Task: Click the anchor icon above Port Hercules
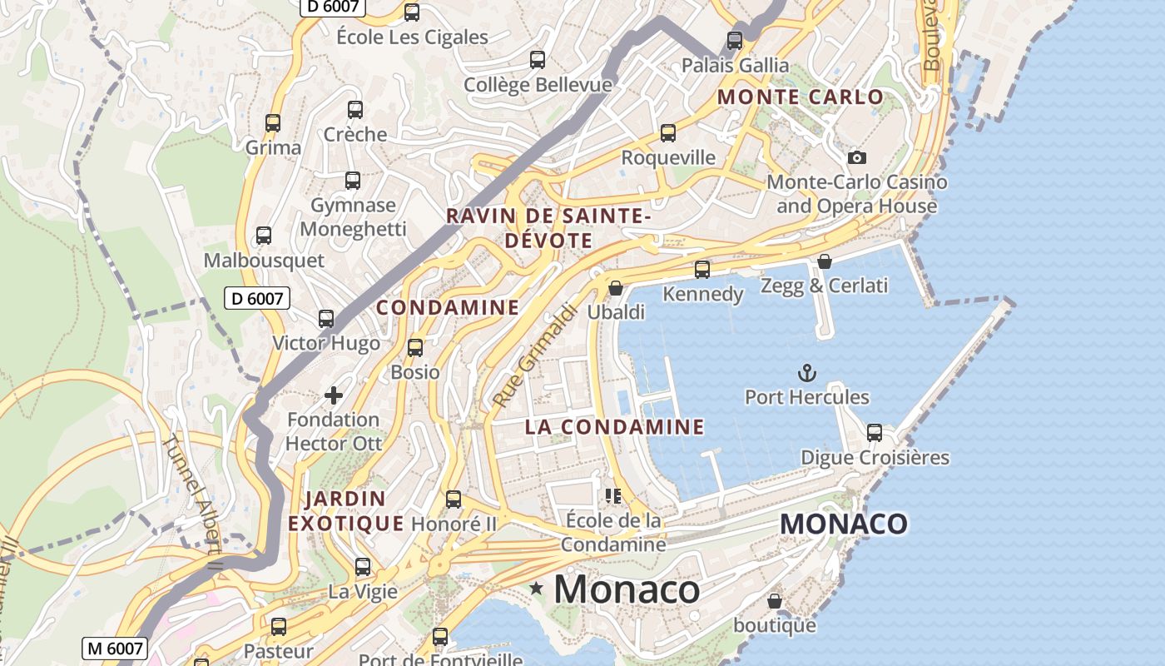click(x=806, y=372)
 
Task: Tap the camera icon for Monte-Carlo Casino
click(x=856, y=157)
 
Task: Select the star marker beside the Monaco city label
click(x=537, y=589)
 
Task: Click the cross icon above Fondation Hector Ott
click(x=333, y=395)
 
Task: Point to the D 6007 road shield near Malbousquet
click(x=257, y=298)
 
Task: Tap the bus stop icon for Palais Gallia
click(x=734, y=40)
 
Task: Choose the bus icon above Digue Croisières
click(x=874, y=433)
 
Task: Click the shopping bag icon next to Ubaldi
click(x=616, y=288)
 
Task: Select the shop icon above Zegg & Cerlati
click(x=824, y=261)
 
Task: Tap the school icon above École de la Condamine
click(x=614, y=496)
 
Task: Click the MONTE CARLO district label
click(x=800, y=97)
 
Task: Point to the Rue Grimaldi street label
click(x=535, y=355)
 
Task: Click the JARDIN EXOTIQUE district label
click(x=345, y=511)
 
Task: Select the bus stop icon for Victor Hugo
click(x=326, y=318)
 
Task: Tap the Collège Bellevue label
click(x=538, y=84)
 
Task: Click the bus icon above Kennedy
click(x=702, y=269)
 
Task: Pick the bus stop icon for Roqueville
click(x=667, y=133)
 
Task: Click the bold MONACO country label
click(x=844, y=524)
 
